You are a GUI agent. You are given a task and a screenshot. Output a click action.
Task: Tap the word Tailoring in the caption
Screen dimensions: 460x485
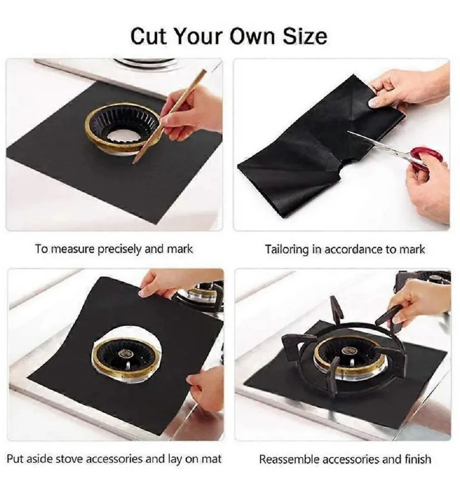pyautogui.click(x=286, y=249)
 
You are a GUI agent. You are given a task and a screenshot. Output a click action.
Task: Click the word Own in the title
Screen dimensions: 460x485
pyautogui.click(x=252, y=37)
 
